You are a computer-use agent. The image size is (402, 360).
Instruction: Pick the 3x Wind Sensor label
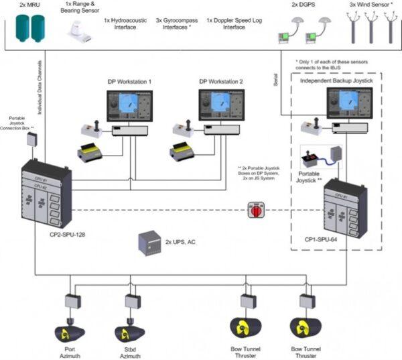(371, 5)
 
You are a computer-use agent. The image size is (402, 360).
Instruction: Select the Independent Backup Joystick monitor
(348, 104)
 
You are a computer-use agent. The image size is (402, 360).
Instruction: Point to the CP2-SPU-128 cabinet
(46, 194)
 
